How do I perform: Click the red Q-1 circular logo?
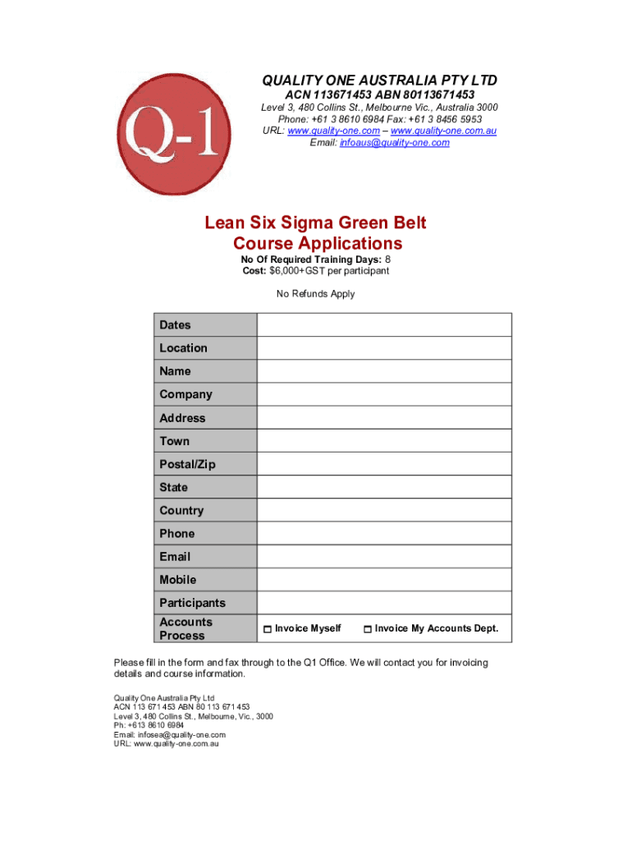pyautogui.click(x=167, y=135)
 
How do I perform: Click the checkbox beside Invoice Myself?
pyautogui.click(x=268, y=629)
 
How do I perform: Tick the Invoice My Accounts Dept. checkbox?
pyautogui.click(x=368, y=629)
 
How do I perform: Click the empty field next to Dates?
pyautogui.click(x=384, y=325)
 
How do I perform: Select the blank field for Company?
pyautogui.click(x=384, y=394)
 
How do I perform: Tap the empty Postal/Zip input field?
pyautogui.click(x=384, y=464)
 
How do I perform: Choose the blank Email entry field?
pyautogui.click(x=384, y=556)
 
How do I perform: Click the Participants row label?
pyautogui.click(x=192, y=603)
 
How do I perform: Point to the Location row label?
pyautogui.click(x=183, y=348)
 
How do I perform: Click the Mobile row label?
pyautogui.click(x=178, y=580)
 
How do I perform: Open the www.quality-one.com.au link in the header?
pyautogui.click(x=443, y=131)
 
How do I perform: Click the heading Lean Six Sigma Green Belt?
pyautogui.click(x=316, y=223)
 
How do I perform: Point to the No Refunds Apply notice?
pyautogui.click(x=316, y=294)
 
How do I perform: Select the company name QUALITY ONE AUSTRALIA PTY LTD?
pyautogui.click(x=379, y=80)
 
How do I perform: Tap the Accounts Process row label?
pyautogui.click(x=185, y=629)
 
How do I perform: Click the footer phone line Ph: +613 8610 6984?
pyautogui.click(x=149, y=725)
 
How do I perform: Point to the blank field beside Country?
pyautogui.click(x=384, y=510)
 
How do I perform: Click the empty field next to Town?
pyautogui.click(x=384, y=441)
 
